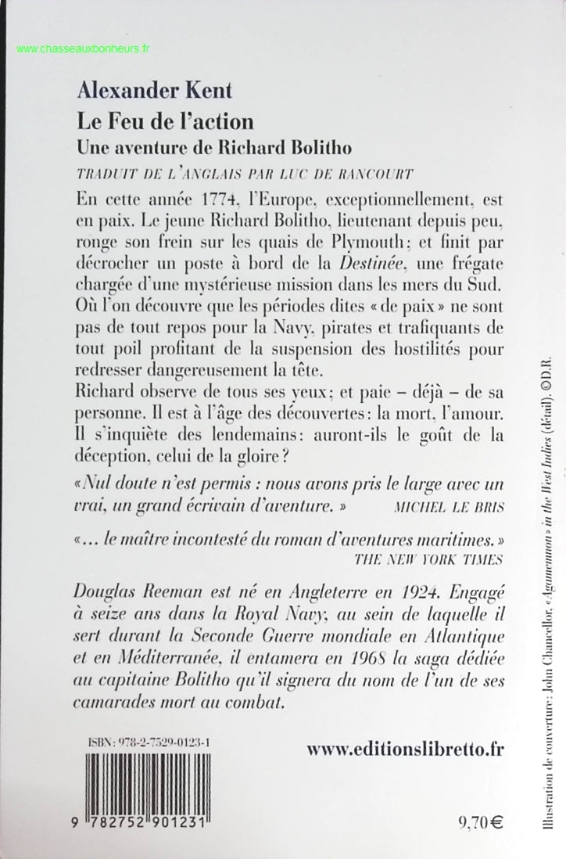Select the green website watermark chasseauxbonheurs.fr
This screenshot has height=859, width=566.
coord(83,49)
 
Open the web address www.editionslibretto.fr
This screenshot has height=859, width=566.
coord(403,749)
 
